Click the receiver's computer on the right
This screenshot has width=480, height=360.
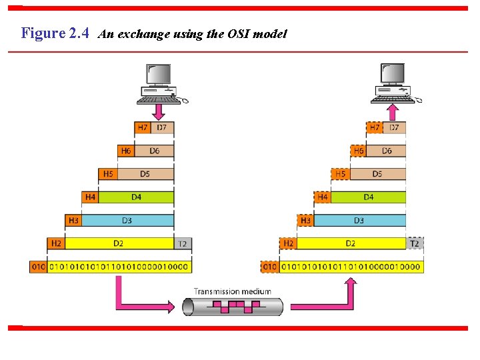pos(394,82)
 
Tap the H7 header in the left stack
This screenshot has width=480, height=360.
pos(142,127)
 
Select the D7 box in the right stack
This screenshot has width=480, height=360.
pos(395,127)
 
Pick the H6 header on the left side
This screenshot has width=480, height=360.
pos(125,151)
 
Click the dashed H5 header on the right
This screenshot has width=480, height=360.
pos(340,174)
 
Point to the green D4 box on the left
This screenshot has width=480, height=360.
pos(136,197)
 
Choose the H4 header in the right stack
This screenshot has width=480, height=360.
pos(323,197)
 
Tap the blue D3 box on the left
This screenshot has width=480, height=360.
pos(127,220)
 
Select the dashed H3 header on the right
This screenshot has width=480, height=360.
pos(305,220)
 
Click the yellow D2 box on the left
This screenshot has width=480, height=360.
pos(119,243)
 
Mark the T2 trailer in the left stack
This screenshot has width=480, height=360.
pos(182,243)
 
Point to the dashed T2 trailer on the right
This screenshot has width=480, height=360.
pos(415,243)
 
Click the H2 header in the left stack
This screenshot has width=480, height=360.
pos(56,243)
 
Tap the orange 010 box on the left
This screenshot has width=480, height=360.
pos(38,267)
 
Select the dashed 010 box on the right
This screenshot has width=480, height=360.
pos(270,267)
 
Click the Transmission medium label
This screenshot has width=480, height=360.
pos(233,291)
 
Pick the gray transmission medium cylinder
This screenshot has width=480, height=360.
pos(233,307)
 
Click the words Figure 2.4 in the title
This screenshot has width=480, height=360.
pos(55,33)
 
